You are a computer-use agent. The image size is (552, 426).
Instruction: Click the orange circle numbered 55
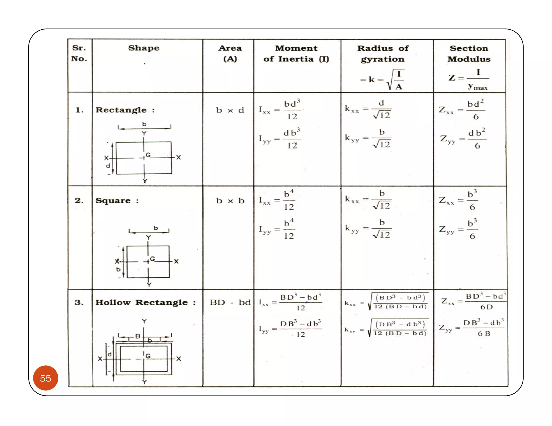click(x=46, y=378)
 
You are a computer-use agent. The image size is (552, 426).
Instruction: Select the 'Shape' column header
click(x=144, y=48)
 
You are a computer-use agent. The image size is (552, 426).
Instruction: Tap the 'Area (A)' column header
click(x=230, y=53)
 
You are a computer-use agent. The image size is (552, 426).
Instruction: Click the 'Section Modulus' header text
click(x=469, y=54)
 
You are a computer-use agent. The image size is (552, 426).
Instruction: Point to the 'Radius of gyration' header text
click(x=383, y=54)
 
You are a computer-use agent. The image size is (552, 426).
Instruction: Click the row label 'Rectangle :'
click(x=125, y=110)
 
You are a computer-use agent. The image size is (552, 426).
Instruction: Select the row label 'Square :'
click(x=117, y=201)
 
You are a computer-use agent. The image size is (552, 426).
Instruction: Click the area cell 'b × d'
click(x=230, y=110)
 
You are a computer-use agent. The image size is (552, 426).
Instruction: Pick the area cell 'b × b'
click(x=230, y=201)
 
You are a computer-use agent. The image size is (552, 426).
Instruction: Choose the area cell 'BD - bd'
click(x=230, y=302)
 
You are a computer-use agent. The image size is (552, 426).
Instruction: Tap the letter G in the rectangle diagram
click(x=148, y=155)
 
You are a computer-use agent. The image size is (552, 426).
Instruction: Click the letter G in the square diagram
click(x=152, y=259)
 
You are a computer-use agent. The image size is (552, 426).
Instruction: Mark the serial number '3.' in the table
click(x=79, y=302)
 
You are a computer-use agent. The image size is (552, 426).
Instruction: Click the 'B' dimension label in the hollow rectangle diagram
click(x=138, y=336)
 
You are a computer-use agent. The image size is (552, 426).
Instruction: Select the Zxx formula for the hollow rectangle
click(x=473, y=301)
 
